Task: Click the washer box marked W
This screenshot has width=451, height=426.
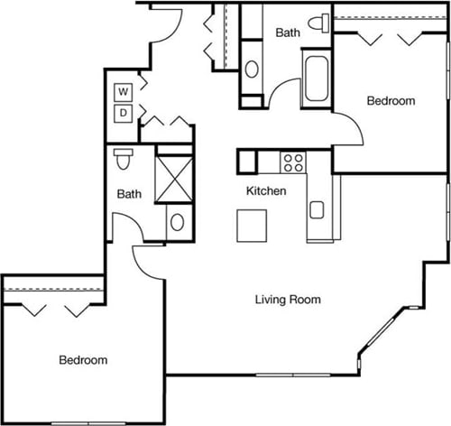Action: (124, 91)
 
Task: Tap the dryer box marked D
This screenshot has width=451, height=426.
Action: (124, 113)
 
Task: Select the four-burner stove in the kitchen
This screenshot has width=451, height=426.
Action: (293, 162)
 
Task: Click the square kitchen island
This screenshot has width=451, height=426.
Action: (253, 225)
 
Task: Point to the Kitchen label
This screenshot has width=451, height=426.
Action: (266, 191)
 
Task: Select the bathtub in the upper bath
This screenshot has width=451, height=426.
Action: (318, 79)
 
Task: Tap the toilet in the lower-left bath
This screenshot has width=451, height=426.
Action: (124, 159)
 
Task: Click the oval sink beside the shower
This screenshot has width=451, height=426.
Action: (177, 222)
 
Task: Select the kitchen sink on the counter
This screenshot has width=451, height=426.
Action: (318, 210)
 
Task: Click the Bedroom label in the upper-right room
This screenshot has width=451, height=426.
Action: (390, 101)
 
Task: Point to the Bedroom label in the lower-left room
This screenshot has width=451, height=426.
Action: (83, 360)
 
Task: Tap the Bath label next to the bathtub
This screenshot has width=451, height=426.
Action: (287, 32)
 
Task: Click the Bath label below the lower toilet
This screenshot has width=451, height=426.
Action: (129, 193)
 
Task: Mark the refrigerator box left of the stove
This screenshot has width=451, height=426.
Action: (248, 161)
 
